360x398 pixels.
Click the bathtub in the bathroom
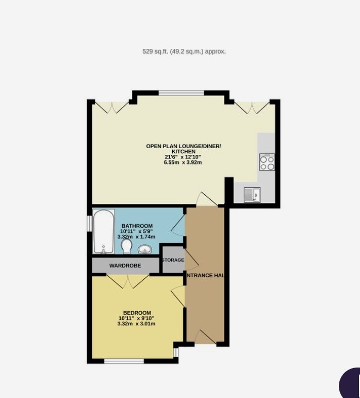[x=104, y=231]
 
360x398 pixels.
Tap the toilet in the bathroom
[x=126, y=247]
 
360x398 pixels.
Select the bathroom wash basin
[x=145, y=250]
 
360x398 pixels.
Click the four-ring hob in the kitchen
[x=267, y=163]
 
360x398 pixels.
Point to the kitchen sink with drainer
[x=252, y=195]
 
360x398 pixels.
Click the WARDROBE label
[x=125, y=266]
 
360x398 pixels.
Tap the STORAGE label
[x=173, y=260]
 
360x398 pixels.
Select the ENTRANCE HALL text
[x=205, y=276]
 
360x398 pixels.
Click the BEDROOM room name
[x=137, y=313]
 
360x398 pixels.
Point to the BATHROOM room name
[x=137, y=226]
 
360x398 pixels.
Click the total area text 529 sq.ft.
[x=184, y=52]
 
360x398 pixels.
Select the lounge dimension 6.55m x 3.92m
[x=183, y=163]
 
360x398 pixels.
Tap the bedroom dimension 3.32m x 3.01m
[x=137, y=324]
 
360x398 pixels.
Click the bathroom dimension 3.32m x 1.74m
[x=137, y=237]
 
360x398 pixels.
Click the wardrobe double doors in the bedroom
[x=128, y=282]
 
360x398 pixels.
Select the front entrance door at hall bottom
[x=205, y=337]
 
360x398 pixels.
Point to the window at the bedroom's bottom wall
[x=124, y=361]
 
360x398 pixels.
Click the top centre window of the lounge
[x=181, y=93]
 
